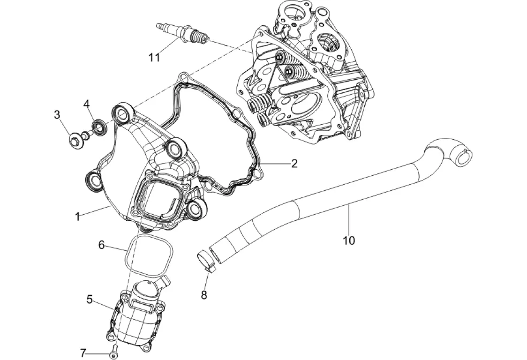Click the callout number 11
(154, 58)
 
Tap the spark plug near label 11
(185, 34)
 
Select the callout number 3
(57, 114)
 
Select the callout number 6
(101, 244)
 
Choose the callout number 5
(90, 300)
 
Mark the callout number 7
(83, 352)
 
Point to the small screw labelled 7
(113, 355)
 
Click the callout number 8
(204, 295)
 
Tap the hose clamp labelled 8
(205, 259)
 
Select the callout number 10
(349, 240)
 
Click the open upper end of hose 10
(465, 157)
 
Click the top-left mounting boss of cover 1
(121, 113)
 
